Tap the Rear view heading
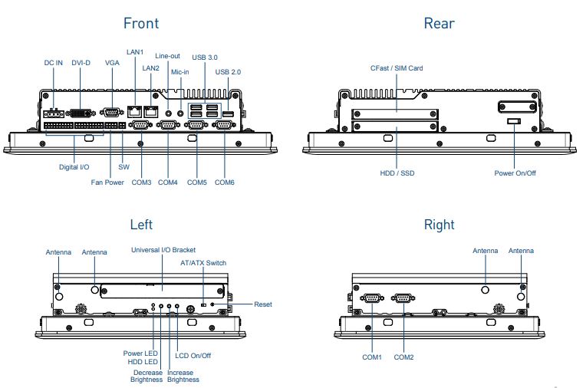(439, 23)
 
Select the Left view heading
(141, 225)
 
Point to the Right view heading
(439, 225)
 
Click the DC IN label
(54, 63)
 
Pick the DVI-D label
(82, 63)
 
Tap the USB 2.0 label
(228, 71)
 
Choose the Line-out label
(167, 56)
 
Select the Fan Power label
(107, 182)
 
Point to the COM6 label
(224, 182)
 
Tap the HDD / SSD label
(397, 173)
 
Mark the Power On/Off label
(515, 173)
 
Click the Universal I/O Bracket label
(163, 250)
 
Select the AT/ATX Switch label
(203, 263)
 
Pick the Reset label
(263, 304)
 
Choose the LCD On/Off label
(193, 355)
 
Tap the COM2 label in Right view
(404, 357)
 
